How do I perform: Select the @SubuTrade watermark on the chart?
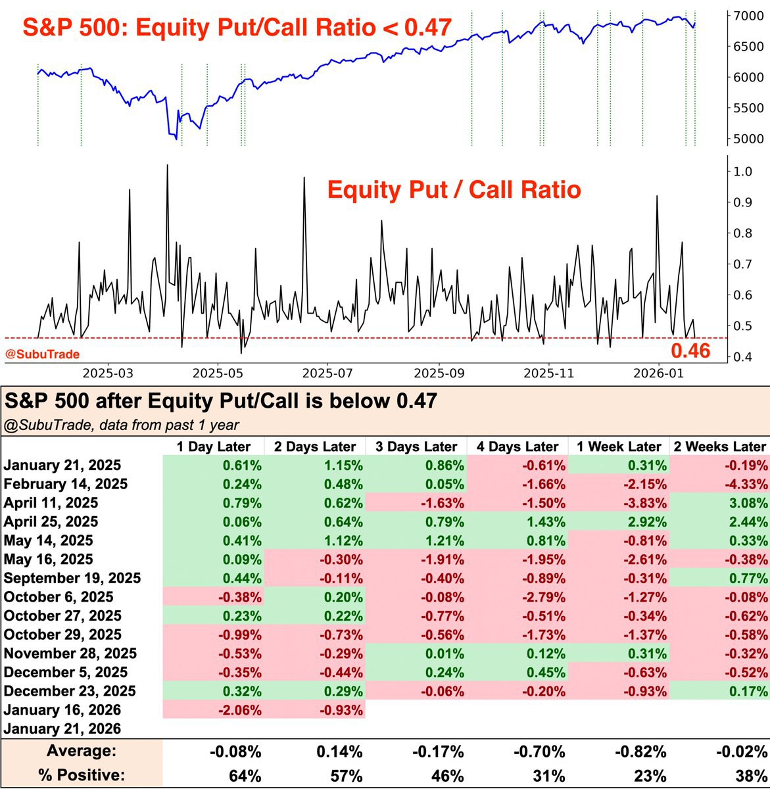pos(43,354)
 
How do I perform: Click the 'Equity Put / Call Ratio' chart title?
pos(454,191)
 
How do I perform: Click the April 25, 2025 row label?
pos(51,522)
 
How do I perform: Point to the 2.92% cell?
pos(647,522)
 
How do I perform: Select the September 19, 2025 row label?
pos(72,579)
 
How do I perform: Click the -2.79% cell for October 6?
pos(544,597)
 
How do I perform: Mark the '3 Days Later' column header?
pos(416,447)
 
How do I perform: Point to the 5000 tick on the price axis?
pos(746,139)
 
